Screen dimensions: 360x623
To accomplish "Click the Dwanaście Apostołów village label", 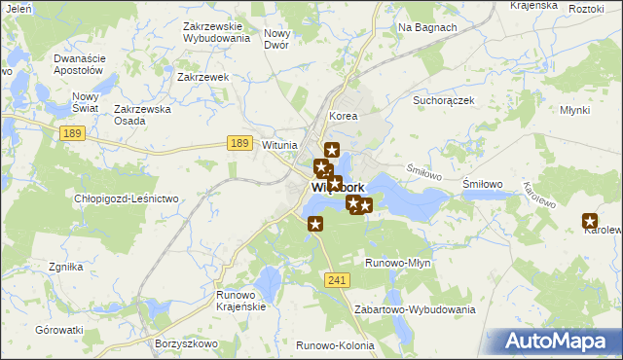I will (x=78, y=64).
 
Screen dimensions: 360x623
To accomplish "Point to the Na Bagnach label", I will (x=427, y=27).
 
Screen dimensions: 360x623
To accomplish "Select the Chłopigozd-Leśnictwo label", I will (x=127, y=199).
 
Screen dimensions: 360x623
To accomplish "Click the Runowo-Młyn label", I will (x=397, y=263).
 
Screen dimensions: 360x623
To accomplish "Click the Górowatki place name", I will (x=60, y=331).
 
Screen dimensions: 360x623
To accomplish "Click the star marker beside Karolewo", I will (x=589, y=221).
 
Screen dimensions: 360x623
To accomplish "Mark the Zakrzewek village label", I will (x=202, y=76).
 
